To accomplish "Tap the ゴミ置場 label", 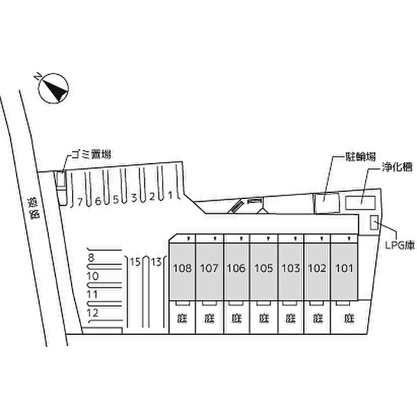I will tap(90, 155).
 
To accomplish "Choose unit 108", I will tap(182, 268).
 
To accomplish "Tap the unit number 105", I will tap(263, 268).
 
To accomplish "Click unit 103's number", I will tap(290, 268).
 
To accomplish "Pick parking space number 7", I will tap(80, 202).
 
